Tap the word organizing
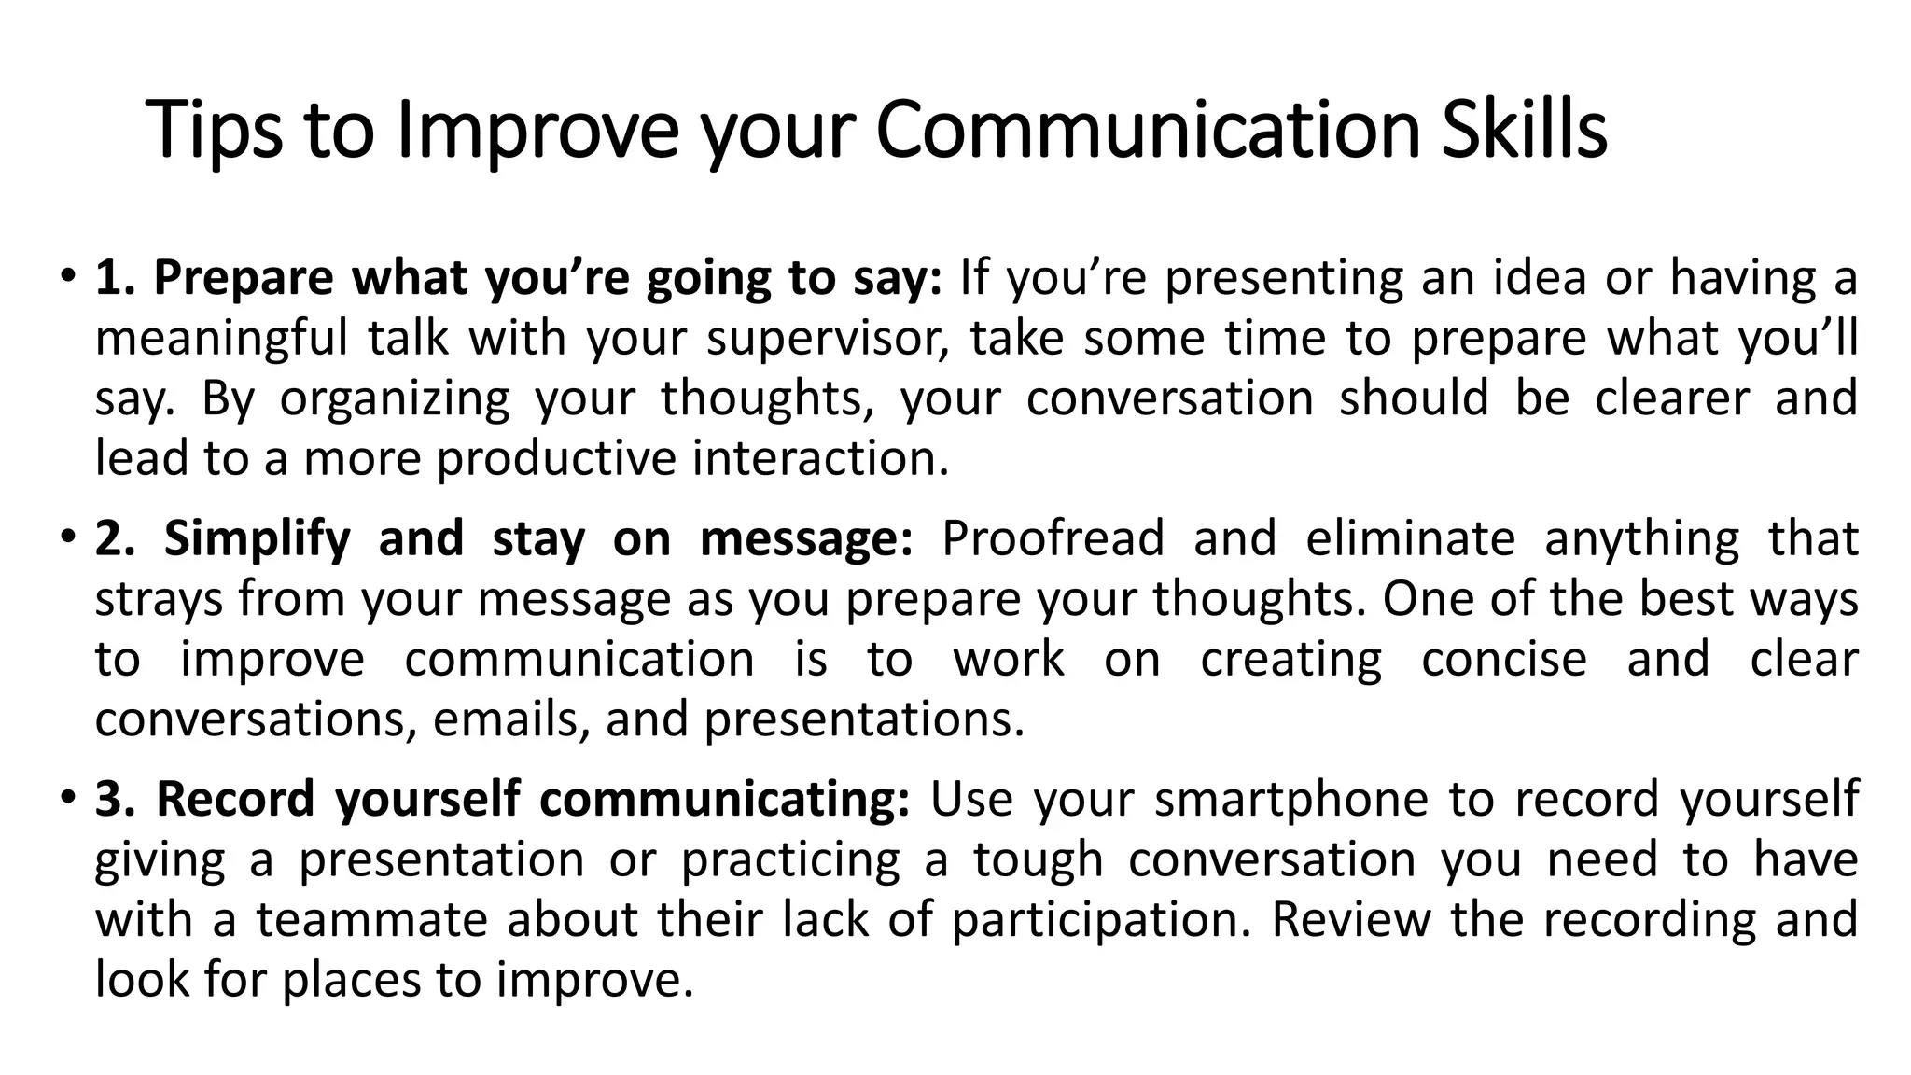395,399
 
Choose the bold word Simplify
258,539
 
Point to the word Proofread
1053,539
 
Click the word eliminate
1410,539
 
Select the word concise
1504,660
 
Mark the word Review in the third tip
1350,919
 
